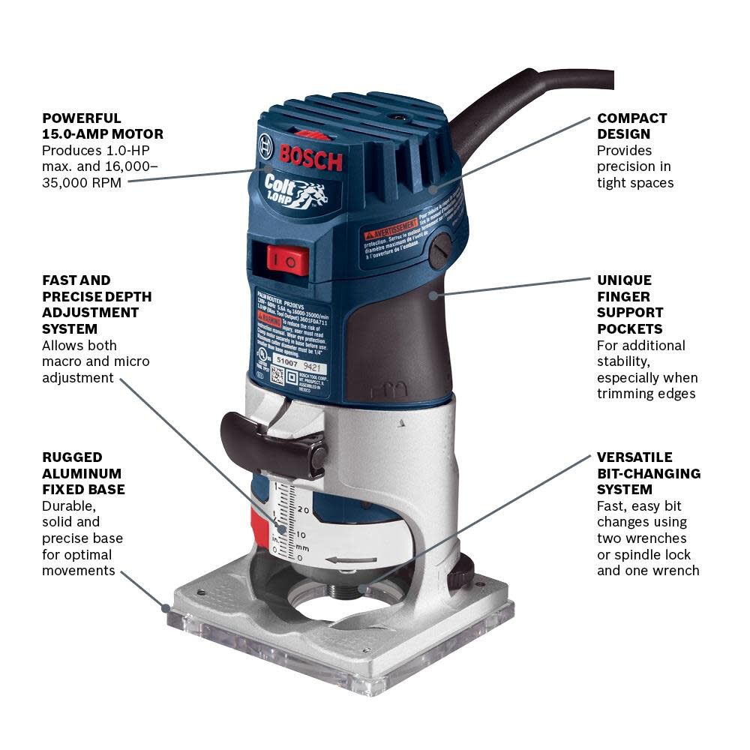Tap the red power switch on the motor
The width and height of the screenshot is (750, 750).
(289, 260)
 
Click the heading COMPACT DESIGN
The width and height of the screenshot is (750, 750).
(631, 126)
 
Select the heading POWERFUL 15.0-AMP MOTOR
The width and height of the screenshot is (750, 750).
(102, 126)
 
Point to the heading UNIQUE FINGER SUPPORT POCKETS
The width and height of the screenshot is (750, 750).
(630, 304)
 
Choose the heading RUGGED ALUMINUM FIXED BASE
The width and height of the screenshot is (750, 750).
(83, 473)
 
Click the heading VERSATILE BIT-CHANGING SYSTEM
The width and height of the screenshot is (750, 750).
(648, 473)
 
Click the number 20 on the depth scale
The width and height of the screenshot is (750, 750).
(303, 510)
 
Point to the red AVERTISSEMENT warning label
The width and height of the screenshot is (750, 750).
(389, 226)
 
